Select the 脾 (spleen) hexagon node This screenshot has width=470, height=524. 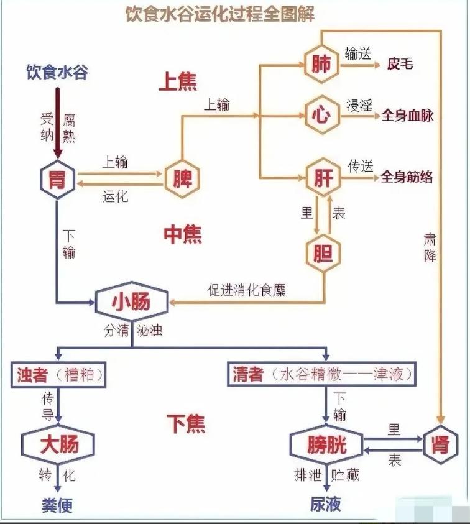pyautogui.click(x=182, y=180)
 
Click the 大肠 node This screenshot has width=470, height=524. pyautogui.click(x=58, y=445)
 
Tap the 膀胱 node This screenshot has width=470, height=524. pyautogui.click(x=326, y=445)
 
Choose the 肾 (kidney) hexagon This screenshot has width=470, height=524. pyautogui.click(x=441, y=444)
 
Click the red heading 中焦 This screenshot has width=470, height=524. pyautogui.click(x=183, y=234)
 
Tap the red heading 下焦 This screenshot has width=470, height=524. pyautogui.click(x=185, y=424)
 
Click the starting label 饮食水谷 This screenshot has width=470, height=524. pyautogui.click(x=57, y=72)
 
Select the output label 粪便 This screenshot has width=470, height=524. pyautogui.click(x=57, y=505)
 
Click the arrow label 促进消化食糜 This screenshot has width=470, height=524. pyautogui.click(x=247, y=290)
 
